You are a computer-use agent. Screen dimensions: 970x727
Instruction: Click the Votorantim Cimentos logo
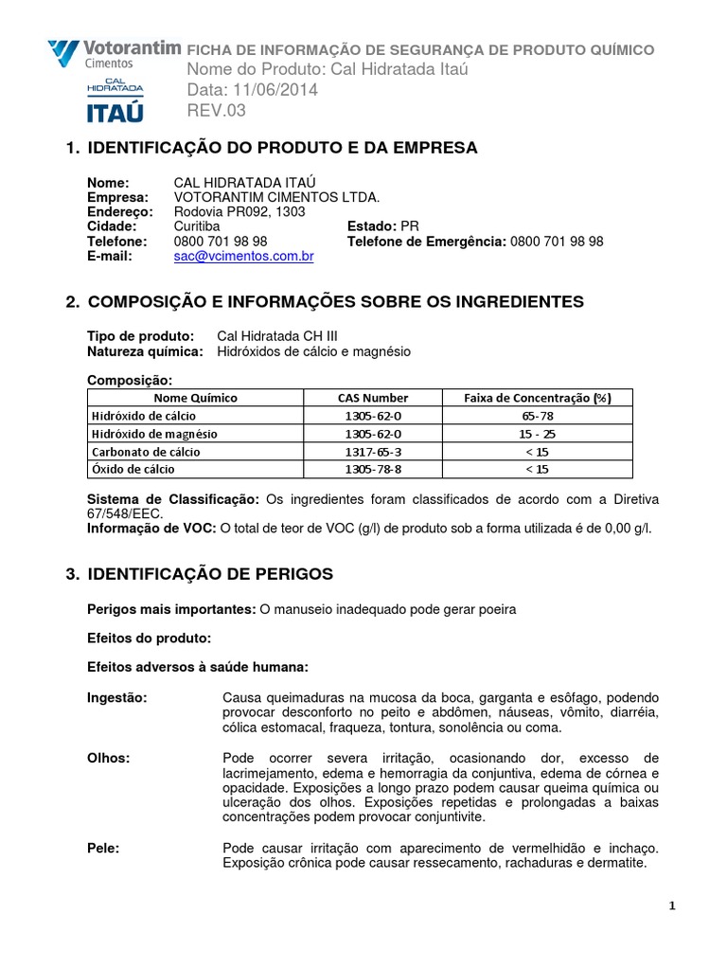(x=102, y=53)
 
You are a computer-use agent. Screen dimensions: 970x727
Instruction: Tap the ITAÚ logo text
(x=115, y=113)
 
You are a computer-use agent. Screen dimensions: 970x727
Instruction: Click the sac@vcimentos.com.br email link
(x=244, y=257)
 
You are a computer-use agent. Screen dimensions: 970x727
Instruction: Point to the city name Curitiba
(x=197, y=226)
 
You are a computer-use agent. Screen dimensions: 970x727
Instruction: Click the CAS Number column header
(x=372, y=398)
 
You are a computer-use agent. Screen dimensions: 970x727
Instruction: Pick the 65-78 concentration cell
(x=537, y=416)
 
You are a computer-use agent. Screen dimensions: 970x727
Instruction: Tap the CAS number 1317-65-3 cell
(x=372, y=452)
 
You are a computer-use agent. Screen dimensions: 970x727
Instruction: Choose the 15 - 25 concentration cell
(x=537, y=434)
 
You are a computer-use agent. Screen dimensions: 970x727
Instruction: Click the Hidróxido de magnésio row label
(x=154, y=434)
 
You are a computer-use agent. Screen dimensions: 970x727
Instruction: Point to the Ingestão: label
(x=117, y=698)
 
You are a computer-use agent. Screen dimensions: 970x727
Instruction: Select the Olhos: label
(x=108, y=758)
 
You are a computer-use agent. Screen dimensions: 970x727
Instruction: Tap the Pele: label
(x=103, y=848)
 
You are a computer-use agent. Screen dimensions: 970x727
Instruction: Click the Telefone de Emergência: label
(x=427, y=242)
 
